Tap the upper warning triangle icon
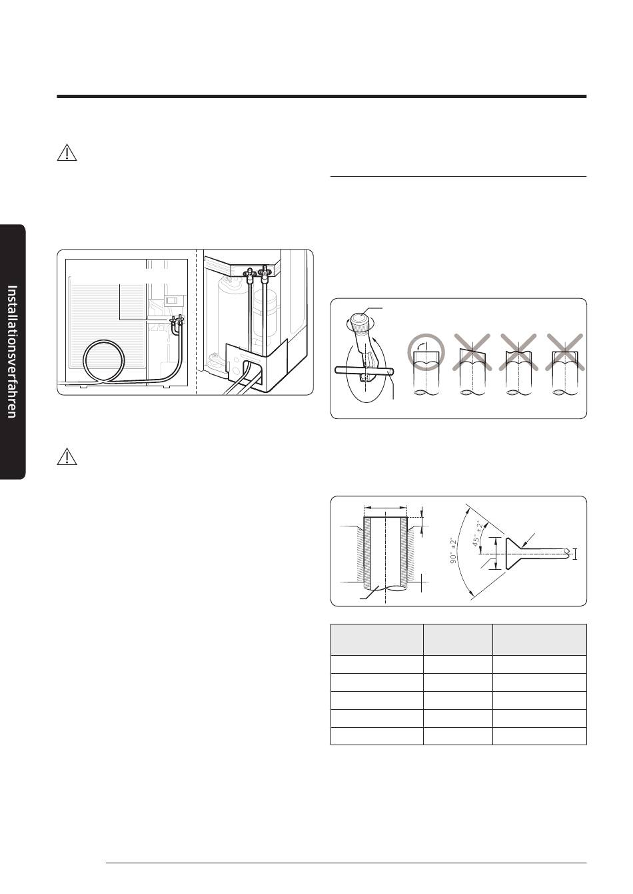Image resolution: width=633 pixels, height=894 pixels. pos(67,153)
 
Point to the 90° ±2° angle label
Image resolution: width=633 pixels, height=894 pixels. pos(453,551)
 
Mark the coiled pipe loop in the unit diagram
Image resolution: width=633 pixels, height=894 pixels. pos(105,362)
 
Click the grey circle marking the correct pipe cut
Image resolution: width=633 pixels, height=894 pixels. pos(426,352)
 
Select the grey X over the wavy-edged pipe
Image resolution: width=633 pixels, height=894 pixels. pos(518,352)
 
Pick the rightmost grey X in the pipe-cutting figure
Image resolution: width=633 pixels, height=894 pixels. pos(565,352)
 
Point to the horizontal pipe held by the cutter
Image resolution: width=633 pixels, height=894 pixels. pos(364,371)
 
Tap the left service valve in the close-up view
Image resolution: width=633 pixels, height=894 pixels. pos(249,274)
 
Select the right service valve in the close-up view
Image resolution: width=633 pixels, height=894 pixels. pos(265,273)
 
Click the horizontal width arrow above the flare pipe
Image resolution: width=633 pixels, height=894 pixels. pos(385,508)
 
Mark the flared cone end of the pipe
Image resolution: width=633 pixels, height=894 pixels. pos(513,554)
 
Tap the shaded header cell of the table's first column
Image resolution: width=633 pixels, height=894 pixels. pos(376,639)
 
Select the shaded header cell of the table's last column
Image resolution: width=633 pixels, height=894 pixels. pos(539,639)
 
